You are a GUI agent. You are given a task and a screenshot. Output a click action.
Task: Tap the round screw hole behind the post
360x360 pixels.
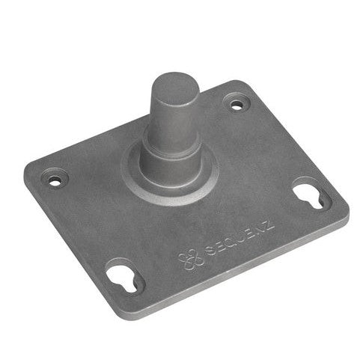pyautogui.click(x=237, y=105)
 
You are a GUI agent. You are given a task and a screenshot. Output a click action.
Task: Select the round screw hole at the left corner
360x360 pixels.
pyautogui.click(x=55, y=181)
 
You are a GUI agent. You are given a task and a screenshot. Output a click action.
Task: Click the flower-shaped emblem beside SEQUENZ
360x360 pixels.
pyautogui.click(x=191, y=260)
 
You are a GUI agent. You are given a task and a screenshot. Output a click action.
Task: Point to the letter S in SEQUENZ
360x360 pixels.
pyautogui.click(x=211, y=251)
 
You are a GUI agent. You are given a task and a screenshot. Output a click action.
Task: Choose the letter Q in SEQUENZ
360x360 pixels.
pyautogui.click(x=233, y=241)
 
